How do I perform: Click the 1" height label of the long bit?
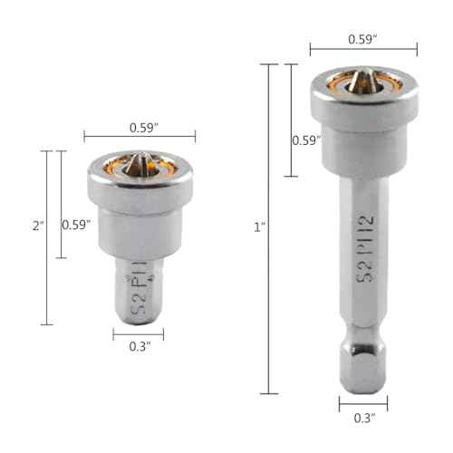[x=259, y=227]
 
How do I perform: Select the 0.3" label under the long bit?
[x=363, y=419]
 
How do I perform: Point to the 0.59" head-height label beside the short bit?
[x=75, y=224]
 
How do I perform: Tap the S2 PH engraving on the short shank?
[x=141, y=292]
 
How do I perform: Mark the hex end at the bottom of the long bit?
[x=363, y=367]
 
